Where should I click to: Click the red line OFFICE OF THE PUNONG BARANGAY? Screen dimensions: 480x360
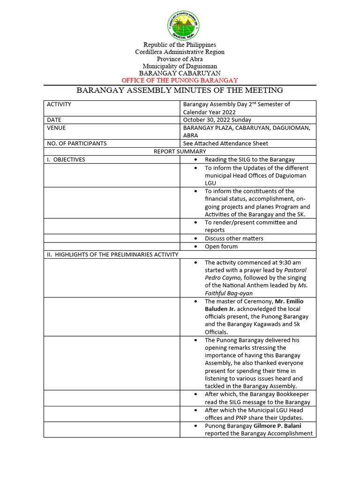180,80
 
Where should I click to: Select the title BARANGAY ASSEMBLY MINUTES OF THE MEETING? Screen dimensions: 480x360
180,90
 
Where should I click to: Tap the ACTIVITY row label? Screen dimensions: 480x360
59,104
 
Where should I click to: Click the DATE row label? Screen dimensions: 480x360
54,120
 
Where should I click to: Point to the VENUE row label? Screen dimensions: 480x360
56,127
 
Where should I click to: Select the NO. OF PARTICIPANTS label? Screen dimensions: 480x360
77,143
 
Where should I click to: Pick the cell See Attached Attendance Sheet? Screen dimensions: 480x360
225,143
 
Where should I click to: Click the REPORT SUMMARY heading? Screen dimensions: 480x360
180,151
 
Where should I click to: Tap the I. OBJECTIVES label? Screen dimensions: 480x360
66,159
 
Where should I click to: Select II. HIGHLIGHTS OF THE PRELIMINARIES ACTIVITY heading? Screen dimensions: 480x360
112,255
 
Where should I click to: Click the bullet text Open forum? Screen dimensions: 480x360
221,247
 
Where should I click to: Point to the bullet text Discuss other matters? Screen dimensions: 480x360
234,238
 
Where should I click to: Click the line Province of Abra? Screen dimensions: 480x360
180,59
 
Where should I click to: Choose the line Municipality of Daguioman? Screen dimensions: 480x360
180,66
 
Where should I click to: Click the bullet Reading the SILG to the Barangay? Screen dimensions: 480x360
249,160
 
